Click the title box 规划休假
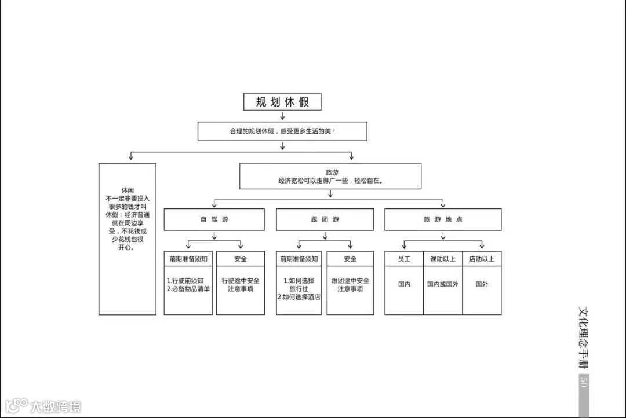pos(282,102)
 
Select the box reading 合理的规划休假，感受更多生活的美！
pos(282,131)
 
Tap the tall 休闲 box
pos(127,239)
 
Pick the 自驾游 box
pos(214,219)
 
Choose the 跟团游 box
pos(325,219)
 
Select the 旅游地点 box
pos(443,219)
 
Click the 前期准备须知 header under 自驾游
pos(188,259)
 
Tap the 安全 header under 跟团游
pos(350,259)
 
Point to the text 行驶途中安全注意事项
pos(241,284)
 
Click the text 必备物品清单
pos(190,289)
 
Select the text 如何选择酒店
pos(300,297)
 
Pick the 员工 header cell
pos(404,259)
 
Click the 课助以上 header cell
pos(443,259)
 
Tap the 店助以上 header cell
pos(482,259)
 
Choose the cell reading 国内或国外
pos(443,284)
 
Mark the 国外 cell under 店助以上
pos(482,284)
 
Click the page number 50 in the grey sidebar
pos(584,382)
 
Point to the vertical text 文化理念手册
pos(584,339)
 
